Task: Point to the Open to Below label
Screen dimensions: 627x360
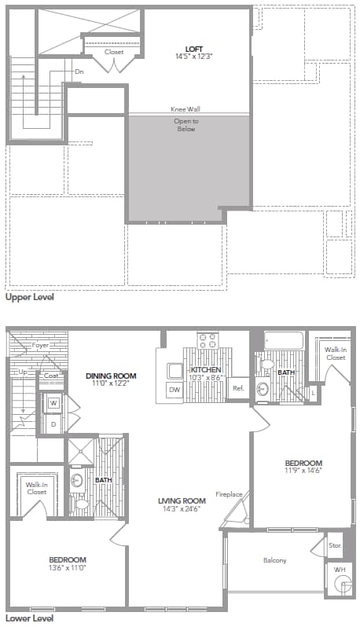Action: pos(185,124)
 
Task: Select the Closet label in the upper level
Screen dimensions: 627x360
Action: pos(115,52)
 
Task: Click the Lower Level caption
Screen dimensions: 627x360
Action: pos(29,618)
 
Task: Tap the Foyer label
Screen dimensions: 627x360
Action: pos(40,346)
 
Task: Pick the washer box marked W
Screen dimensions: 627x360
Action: pos(54,403)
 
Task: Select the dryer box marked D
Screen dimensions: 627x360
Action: pos(54,423)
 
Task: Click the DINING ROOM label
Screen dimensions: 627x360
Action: pos(106,376)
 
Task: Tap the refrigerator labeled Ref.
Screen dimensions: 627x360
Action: pos(237,387)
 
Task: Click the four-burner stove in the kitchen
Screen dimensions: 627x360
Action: pos(208,340)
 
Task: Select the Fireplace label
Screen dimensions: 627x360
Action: pos(230,495)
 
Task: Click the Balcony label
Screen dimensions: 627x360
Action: pos(274,560)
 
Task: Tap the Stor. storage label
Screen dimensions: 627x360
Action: pos(336,544)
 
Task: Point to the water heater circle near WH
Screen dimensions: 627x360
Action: pos(342,584)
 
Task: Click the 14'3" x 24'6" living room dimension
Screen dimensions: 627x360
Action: pos(182,508)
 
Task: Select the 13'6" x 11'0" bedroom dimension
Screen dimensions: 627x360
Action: pos(66,566)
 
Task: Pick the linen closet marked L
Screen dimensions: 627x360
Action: pos(314,390)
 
